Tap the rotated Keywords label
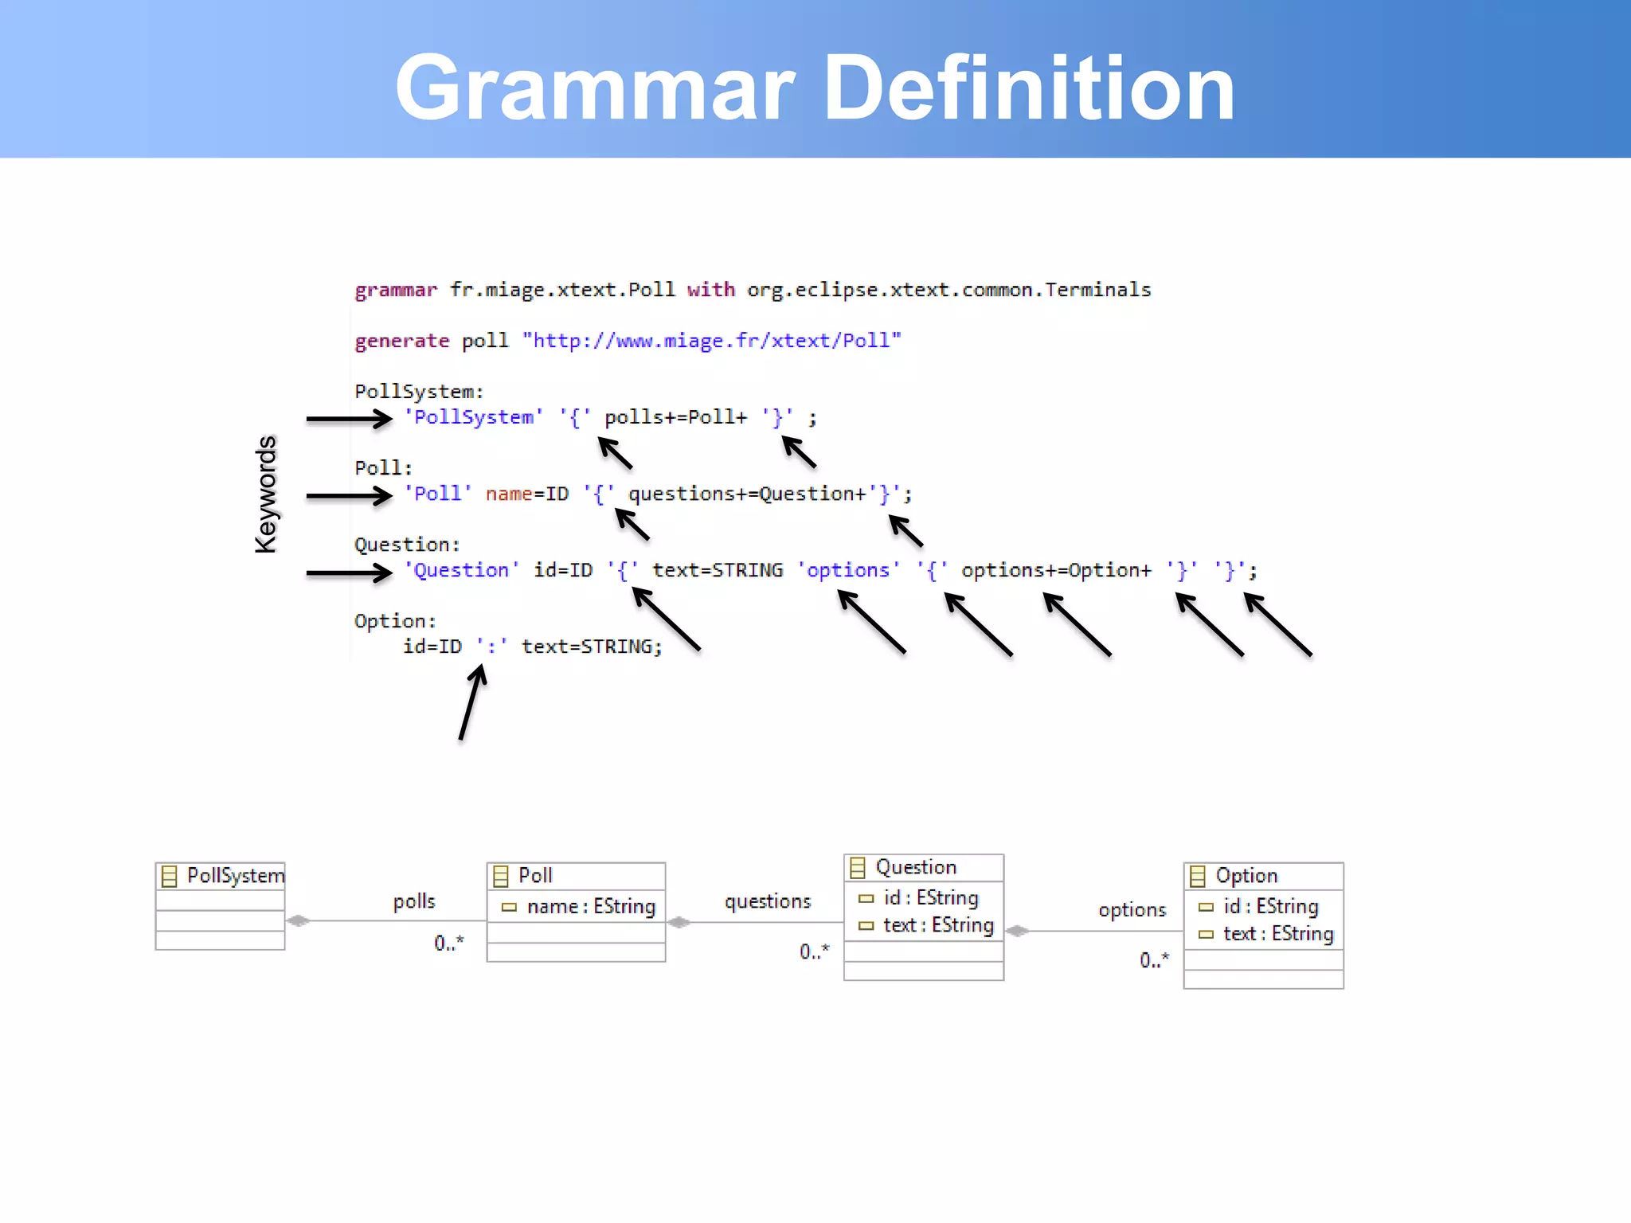(x=265, y=494)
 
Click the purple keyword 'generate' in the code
(x=401, y=341)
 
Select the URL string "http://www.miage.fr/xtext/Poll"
(x=711, y=341)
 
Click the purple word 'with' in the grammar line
(x=710, y=290)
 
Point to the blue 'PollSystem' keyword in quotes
(x=473, y=417)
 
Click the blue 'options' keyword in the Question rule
(x=848, y=570)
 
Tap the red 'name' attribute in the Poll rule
(x=508, y=494)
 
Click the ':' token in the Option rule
(x=492, y=647)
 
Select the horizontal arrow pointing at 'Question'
(x=349, y=572)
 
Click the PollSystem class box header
(x=221, y=876)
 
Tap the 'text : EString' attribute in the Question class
(x=928, y=925)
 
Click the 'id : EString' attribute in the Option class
(x=1260, y=906)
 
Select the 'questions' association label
(x=767, y=901)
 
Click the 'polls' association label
(x=414, y=901)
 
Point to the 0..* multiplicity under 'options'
(x=1154, y=959)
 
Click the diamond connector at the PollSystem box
(x=298, y=920)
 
